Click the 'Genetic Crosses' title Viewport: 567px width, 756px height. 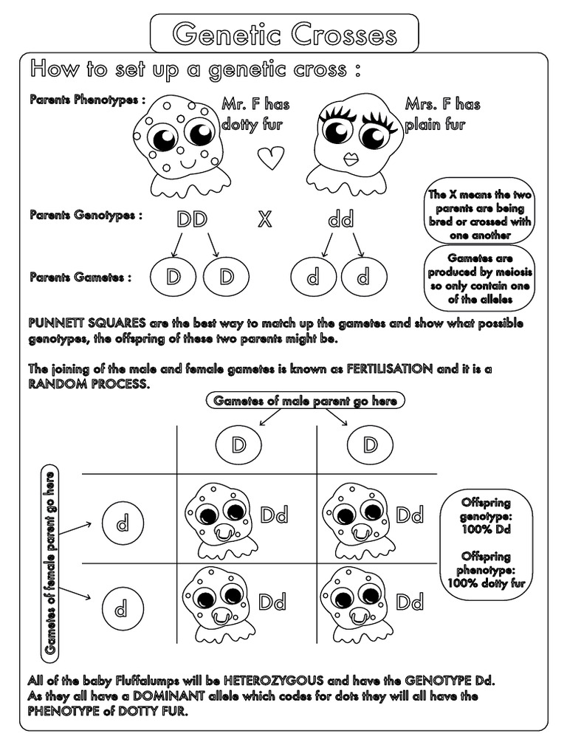point(284,34)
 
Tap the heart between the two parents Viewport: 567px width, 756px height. point(271,157)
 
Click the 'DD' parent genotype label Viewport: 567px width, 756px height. point(191,219)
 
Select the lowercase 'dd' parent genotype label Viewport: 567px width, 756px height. point(340,219)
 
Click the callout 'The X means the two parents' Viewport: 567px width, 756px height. point(480,215)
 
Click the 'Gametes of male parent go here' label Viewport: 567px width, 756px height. point(305,401)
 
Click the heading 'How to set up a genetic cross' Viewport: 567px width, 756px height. point(196,70)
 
